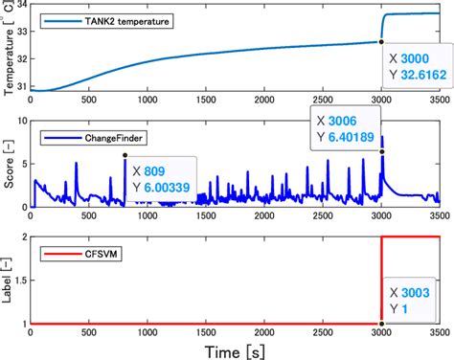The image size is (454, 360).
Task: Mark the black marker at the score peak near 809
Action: coord(125,155)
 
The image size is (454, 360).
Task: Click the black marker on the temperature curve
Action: coord(381,41)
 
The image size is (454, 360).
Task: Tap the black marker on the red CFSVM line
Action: coord(382,324)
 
